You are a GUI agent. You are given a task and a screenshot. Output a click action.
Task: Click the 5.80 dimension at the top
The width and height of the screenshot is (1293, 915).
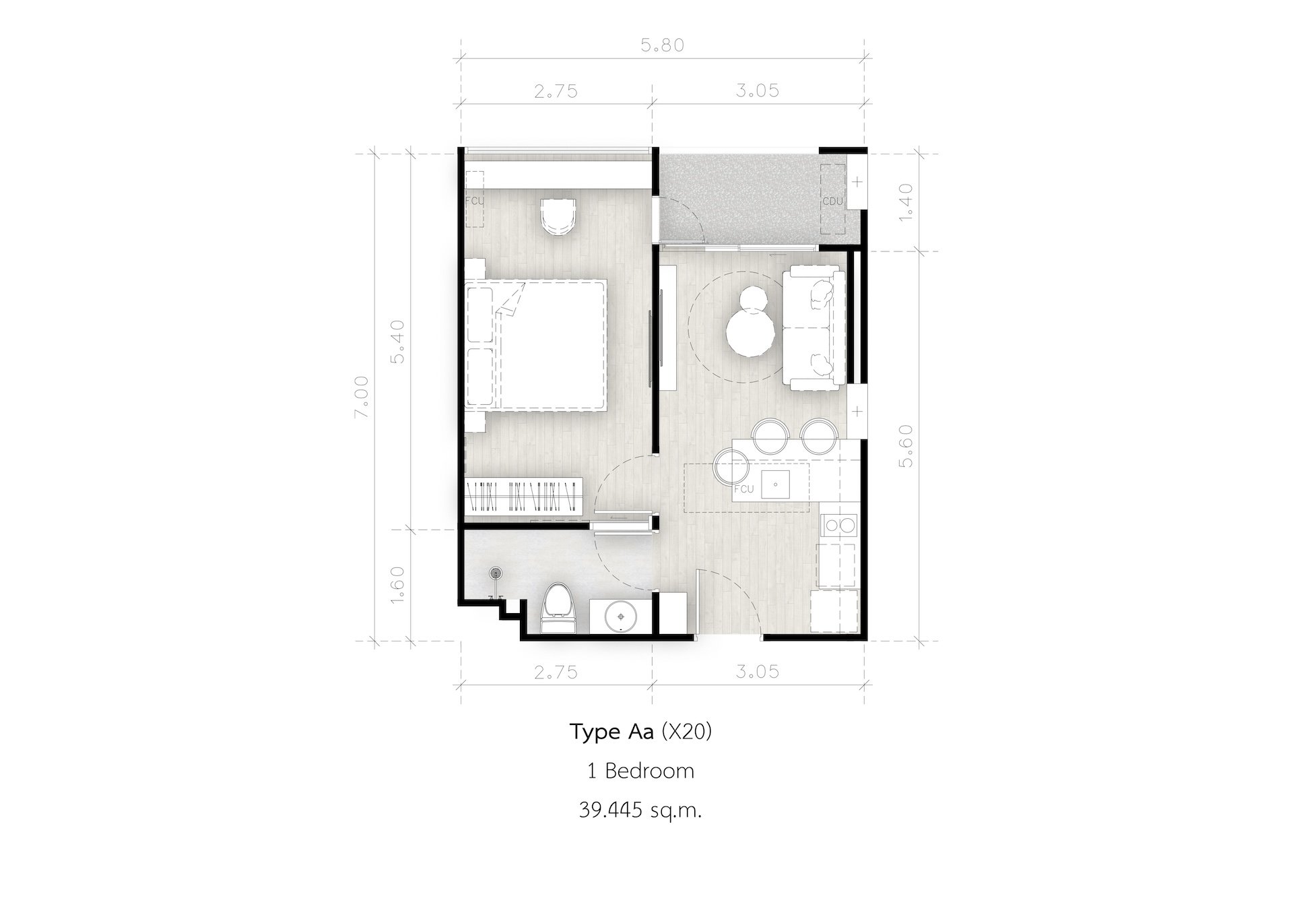pos(663,46)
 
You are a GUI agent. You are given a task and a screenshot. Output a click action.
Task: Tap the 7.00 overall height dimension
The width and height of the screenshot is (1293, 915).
pos(362,397)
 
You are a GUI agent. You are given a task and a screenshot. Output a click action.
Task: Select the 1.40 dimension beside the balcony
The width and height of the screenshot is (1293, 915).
pos(906,201)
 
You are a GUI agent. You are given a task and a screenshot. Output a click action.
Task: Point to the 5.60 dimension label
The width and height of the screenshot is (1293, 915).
pos(906,445)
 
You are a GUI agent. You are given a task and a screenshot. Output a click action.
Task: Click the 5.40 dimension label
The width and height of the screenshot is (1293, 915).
pos(398,341)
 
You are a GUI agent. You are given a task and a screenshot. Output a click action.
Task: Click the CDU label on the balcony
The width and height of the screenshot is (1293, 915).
pos(833,201)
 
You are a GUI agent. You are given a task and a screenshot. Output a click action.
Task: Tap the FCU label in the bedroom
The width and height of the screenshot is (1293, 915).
pos(475,201)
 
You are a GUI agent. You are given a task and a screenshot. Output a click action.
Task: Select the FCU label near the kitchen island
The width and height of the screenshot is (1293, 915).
pos(743,488)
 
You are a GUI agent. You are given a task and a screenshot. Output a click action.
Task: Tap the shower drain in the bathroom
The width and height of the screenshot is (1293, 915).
pos(496,573)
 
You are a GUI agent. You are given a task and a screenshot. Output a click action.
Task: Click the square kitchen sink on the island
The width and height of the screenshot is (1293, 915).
pos(776,484)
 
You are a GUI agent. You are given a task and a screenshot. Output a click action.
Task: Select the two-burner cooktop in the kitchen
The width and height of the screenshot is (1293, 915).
pos(838,525)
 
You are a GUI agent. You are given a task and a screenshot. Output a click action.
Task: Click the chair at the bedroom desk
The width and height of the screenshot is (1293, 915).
pos(558,216)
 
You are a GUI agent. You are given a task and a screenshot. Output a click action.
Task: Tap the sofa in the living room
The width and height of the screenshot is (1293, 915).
pos(814,327)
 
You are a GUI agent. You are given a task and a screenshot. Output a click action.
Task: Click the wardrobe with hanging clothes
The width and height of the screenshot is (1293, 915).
pos(523,498)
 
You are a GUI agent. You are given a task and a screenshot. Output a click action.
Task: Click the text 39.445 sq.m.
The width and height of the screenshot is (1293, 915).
pos(640,810)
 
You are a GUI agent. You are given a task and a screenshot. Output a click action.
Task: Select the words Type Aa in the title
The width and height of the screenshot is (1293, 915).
pos(611,732)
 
